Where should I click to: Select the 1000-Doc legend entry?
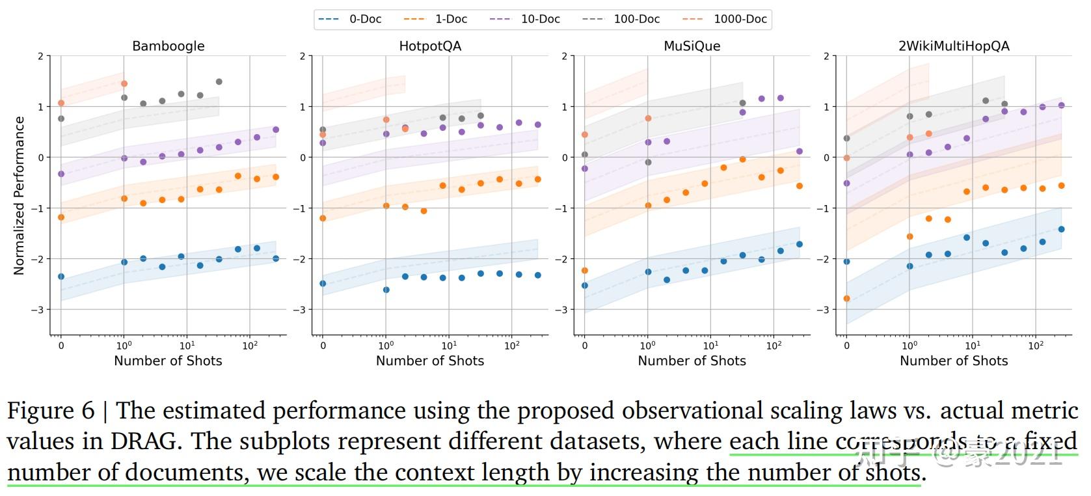(x=725, y=19)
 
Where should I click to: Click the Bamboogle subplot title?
(x=168, y=46)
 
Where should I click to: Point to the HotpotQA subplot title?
(x=430, y=46)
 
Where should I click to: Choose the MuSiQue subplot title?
(x=692, y=46)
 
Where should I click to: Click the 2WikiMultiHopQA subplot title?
(x=954, y=46)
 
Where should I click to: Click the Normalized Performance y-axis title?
(x=19, y=195)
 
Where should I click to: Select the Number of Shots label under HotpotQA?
(x=430, y=361)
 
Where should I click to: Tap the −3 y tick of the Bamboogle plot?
(x=38, y=310)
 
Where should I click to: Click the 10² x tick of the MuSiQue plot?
(x=774, y=346)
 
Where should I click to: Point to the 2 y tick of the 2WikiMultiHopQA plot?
(x=826, y=56)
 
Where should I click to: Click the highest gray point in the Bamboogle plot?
(x=219, y=82)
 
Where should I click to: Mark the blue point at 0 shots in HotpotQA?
(x=323, y=284)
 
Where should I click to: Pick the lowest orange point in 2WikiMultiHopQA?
(x=846, y=299)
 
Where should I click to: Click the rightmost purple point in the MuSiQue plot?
(x=800, y=152)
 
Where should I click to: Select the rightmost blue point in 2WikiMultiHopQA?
(x=1061, y=229)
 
